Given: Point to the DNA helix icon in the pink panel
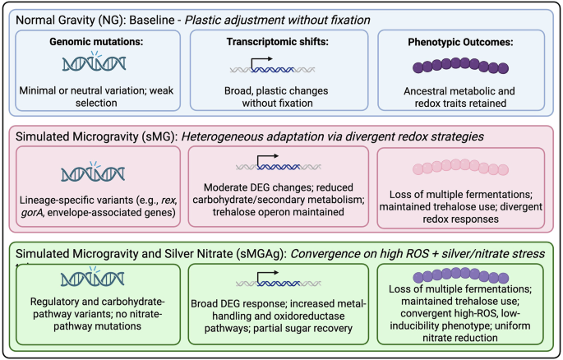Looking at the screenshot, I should [94, 172].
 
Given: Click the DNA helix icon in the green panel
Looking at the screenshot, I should [94, 282].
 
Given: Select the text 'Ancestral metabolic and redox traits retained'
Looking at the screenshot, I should [462, 99].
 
